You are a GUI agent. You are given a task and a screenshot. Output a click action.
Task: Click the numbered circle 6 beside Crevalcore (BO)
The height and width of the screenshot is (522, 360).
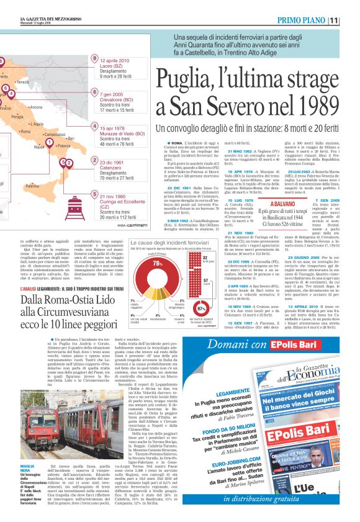pyautogui.click(x=95, y=94)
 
